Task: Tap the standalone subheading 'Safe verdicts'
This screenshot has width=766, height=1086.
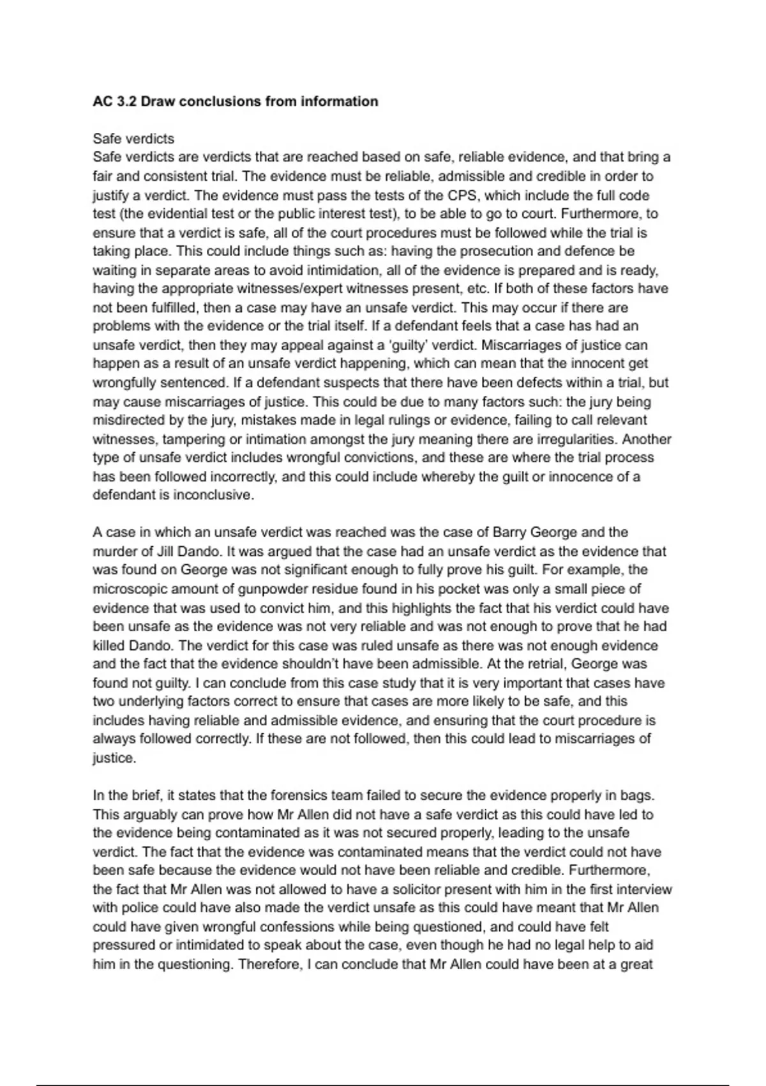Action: (133, 139)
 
